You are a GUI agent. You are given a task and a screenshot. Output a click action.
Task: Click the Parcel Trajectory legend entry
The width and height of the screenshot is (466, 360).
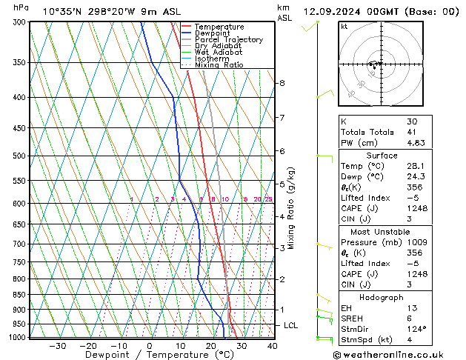coord(228,40)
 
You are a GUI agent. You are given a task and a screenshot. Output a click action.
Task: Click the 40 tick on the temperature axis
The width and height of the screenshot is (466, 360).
coord(272,346)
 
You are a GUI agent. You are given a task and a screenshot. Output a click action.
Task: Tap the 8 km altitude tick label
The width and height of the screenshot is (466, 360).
coord(282,83)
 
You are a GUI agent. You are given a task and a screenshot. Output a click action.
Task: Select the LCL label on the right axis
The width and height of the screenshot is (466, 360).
coord(291,325)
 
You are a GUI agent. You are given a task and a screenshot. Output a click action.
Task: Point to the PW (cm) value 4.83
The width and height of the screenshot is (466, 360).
coord(415,143)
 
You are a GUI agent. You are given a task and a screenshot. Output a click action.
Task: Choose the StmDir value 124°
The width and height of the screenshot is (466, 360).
coord(416,328)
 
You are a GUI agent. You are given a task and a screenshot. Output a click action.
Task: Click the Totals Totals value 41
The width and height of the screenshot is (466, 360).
coord(412,132)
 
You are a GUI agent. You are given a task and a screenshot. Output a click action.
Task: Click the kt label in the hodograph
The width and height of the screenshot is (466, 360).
coord(344,26)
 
